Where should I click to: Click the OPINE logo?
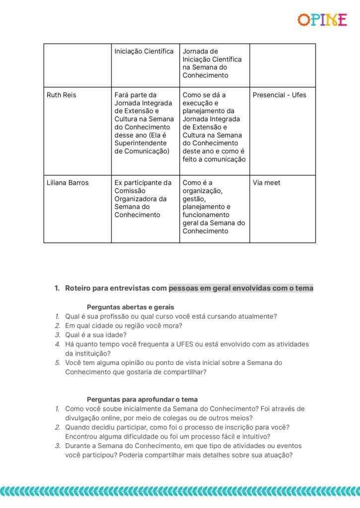coord(322,20)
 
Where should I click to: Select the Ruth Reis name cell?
coord(62,95)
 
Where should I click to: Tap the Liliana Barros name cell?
coord(68,183)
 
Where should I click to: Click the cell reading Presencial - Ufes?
coord(280,95)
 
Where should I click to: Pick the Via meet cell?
coord(267,183)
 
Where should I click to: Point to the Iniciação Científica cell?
coord(144,51)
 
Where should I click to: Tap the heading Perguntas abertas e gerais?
coord(130,307)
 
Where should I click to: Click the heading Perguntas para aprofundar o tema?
coord(142,399)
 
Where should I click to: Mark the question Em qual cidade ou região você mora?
coord(124,325)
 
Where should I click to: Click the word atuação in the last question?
coord(276,455)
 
